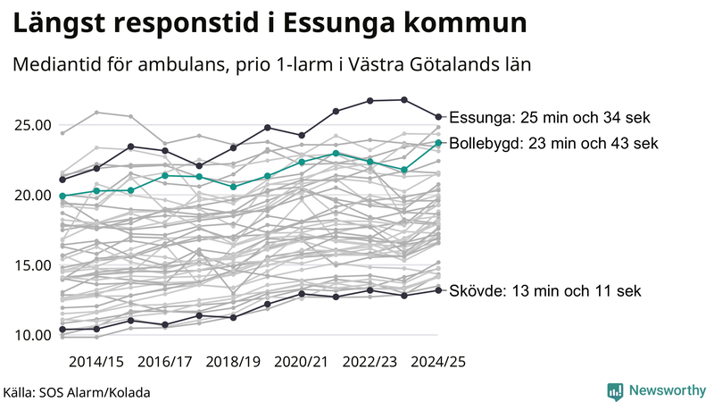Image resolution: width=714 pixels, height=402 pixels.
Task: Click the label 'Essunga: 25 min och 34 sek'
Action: [x=550, y=117]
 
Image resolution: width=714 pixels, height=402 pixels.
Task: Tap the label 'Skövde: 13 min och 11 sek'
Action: [x=544, y=290]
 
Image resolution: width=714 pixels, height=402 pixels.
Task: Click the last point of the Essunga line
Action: [x=438, y=116]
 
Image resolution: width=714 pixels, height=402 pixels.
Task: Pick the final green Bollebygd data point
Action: [x=438, y=142]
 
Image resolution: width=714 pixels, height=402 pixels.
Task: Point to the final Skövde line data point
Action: [x=438, y=289]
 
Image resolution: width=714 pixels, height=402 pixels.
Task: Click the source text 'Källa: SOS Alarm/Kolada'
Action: [x=77, y=392]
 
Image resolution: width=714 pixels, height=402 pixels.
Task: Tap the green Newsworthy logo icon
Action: [x=615, y=390]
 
